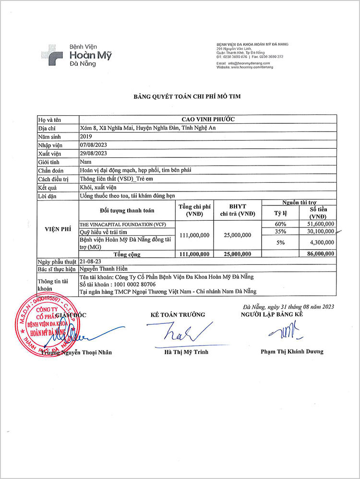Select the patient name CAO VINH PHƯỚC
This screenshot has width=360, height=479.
pos(207,120)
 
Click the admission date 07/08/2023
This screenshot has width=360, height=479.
pos(93,144)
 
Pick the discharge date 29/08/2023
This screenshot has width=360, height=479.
pos(93,153)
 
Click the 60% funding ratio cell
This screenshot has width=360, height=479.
pos(281,224)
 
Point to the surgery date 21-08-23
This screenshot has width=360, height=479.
pos(90,261)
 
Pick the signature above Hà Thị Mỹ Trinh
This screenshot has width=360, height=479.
pos(178,333)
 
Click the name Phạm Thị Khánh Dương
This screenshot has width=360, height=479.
pos(292,351)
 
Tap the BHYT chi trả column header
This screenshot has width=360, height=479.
pos(238,210)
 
